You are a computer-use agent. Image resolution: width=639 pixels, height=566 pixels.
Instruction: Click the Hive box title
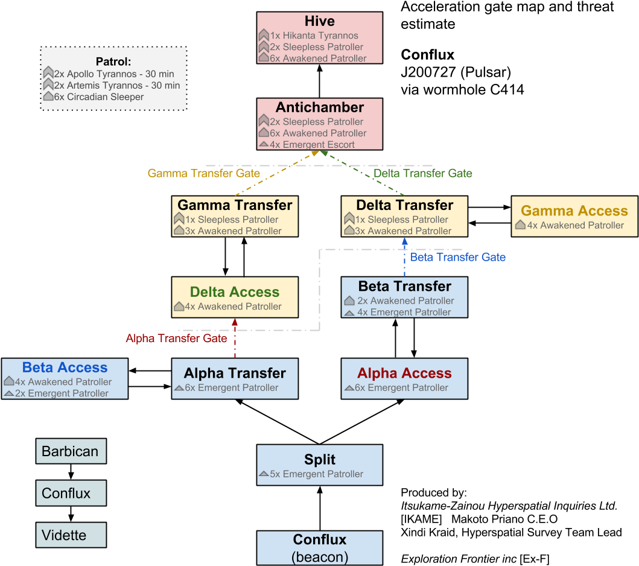(x=319, y=22)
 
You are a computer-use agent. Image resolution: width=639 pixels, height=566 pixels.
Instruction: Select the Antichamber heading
(x=319, y=108)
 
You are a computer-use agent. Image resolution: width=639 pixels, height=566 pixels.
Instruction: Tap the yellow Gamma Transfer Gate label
(x=204, y=173)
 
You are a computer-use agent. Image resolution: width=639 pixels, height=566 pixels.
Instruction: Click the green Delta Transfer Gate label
(x=422, y=173)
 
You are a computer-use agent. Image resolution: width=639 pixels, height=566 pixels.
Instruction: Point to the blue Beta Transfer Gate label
(x=457, y=257)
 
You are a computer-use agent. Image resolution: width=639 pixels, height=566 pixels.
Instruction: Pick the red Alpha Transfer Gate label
(x=176, y=339)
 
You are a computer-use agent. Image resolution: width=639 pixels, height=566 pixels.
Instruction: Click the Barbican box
(x=71, y=451)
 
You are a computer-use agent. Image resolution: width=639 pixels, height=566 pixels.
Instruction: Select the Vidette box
(x=71, y=535)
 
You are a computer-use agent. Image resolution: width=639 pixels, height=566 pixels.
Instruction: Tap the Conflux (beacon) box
(x=319, y=547)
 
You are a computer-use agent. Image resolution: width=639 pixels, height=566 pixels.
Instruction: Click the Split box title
(x=319, y=460)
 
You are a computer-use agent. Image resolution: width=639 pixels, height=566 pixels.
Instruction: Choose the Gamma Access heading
(x=574, y=211)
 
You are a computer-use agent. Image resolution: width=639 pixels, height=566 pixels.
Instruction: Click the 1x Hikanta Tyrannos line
(x=314, y=36)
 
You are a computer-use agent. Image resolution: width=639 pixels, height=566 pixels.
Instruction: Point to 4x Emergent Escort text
(x=312, y=145)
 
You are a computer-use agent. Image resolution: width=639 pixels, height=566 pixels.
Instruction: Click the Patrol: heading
(x=113, y=62)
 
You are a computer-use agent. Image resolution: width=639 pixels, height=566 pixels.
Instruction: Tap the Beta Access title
(x=65, y=367)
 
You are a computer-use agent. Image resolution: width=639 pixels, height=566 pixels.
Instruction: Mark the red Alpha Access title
(x=404, y=374)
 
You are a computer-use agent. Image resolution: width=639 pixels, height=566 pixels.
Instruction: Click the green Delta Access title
(x=235, y=292)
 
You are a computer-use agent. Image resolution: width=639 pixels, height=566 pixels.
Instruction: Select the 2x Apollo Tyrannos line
(x=113, y=74)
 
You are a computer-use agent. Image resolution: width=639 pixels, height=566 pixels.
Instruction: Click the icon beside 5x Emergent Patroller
(x=264, y=474)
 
